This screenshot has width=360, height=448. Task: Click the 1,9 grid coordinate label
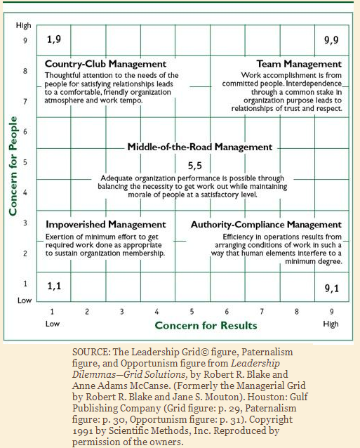54,40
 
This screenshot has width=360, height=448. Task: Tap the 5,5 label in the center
195,166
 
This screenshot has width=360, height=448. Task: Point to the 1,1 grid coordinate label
54,286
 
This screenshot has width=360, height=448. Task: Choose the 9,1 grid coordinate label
331,288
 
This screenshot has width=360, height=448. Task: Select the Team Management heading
299,64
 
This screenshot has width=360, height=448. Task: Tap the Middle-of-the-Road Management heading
199,147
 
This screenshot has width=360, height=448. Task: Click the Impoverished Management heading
106,224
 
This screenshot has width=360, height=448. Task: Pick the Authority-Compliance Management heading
266,225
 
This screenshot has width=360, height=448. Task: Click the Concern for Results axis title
206,325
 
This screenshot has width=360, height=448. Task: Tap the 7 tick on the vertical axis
25,101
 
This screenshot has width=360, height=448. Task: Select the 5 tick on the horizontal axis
192,310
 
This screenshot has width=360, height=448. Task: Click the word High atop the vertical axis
23,25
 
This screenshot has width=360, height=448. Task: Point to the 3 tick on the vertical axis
25,223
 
